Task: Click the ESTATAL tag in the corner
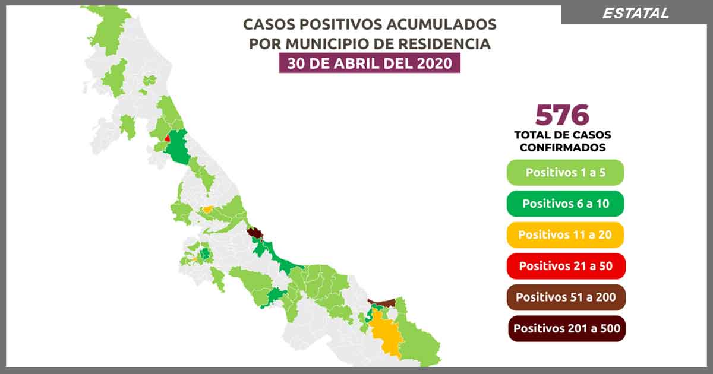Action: click(x=635, y=13)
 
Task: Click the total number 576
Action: click(x=561, y=115)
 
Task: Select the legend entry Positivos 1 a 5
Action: click(x=565, y=173)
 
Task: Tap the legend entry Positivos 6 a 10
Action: click(x=565, y=204)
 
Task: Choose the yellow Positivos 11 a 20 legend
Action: click(x=565, y=234)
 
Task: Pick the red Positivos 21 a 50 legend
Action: click(x=565, y=265)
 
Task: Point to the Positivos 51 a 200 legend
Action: click(x=565, y=297)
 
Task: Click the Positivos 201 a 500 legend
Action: click(x=565, y=328)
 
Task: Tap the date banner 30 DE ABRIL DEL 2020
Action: click(x=370, y=63)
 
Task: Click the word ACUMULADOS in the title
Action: click(x=439, y=25)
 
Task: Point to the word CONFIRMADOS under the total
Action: click(x=563, y=147)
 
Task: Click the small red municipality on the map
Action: click(x=168, y=138)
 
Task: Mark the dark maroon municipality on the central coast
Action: click(x=255, y=233)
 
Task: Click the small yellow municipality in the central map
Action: click(x=207, y=209)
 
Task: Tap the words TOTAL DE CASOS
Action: click(x=563, y=135)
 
